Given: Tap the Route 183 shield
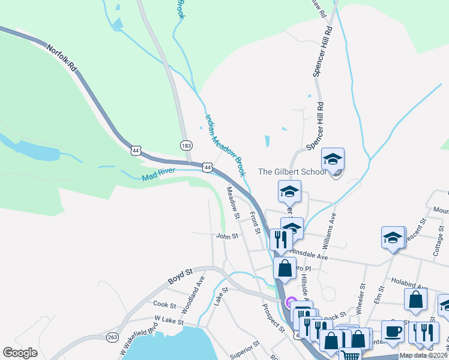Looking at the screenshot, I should [185, 145].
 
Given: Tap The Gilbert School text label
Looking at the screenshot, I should [292, 172].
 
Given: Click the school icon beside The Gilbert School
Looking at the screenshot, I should [333, 160].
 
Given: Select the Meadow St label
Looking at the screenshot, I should [232, 203].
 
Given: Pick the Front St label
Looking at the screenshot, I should [255, 223].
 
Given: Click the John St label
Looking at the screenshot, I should [228, 236].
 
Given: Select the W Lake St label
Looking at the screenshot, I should [169, 321].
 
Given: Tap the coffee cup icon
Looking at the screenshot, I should [393, 331].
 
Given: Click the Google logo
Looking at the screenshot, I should [20, 353].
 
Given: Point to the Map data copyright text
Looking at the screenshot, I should [423, 355].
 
